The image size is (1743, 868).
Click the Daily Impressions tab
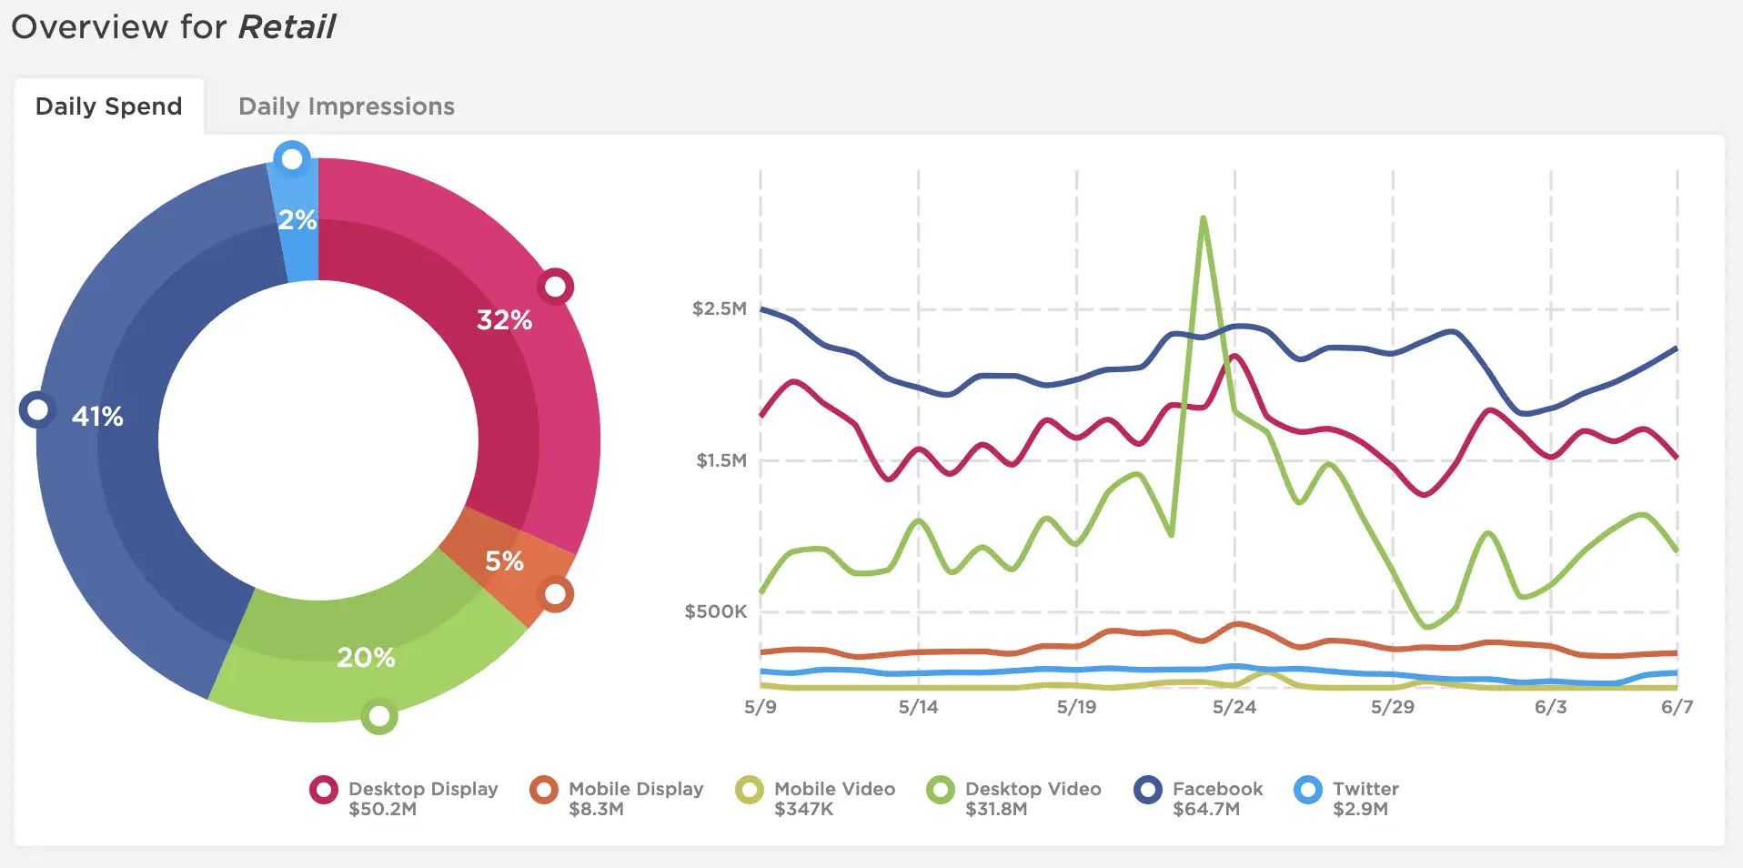[x=347, y=106]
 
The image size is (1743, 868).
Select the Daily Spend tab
[x=108, y=106]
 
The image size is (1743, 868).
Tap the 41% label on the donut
[x=97, y=417]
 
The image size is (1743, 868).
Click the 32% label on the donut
[x=504, y=320]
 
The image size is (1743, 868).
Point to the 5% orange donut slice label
[x=504, y=561]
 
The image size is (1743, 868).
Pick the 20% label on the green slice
[x=366, y=658]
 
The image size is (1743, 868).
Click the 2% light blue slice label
[x=297, y=220]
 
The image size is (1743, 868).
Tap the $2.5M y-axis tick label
[x=720, y=308]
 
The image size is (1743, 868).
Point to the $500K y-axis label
[x=716, y=611]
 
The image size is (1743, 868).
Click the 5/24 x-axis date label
[x=1234, y=707]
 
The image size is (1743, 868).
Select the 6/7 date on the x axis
[x=1677, y=707]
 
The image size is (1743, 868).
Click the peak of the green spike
[x=1203, y=217]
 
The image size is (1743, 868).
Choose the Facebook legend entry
[x=1199, y=798]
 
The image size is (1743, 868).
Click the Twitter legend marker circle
[x=1307, y=790]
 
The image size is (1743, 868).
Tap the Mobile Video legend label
[x=834, y=789]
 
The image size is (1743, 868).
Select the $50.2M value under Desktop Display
[x=382, y=809]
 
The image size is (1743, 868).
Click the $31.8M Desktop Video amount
[x=996, y=809]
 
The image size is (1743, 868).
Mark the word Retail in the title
[x=287, y=27]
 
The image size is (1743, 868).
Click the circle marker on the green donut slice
[x=379, y=717]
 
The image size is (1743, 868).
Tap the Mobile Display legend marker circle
[x=544, y=790]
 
